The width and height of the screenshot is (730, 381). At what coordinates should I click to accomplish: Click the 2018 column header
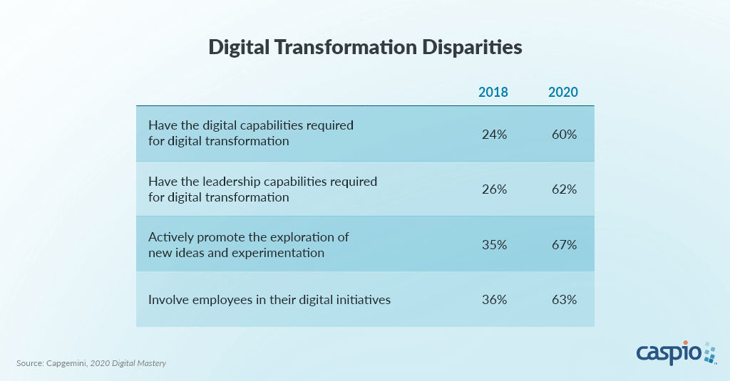point(493,93)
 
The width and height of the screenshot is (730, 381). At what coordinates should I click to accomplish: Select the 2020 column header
point(563,93)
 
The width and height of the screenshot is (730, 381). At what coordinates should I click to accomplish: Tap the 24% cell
point(494,134)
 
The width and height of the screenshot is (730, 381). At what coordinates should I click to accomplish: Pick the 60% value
point(563,134)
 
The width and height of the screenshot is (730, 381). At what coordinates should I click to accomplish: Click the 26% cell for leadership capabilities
point(494,189)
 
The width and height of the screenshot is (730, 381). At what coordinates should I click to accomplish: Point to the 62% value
point(563,189)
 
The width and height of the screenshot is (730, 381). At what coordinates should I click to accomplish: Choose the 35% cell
point(494,244)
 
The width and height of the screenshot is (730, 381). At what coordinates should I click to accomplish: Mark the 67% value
point(563,244)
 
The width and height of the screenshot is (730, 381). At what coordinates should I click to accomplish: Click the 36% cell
point(494,300)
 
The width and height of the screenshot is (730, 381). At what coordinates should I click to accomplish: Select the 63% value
point(563,300)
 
